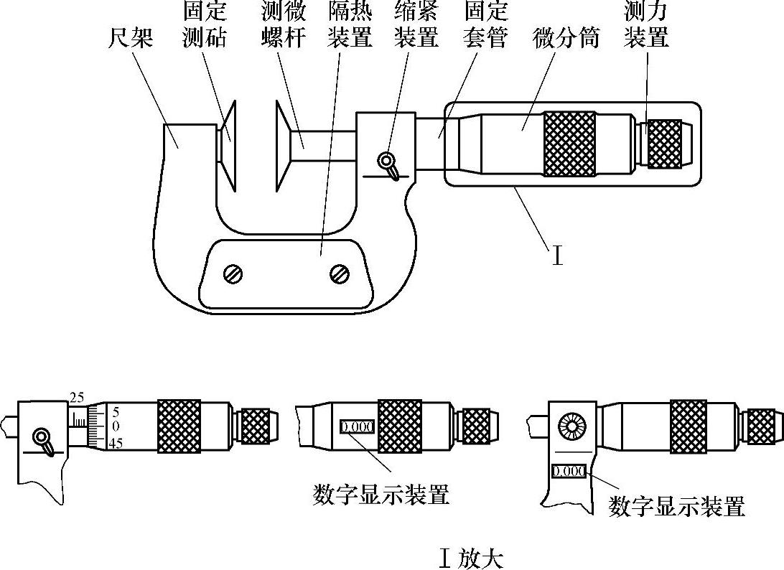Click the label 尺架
point(131,38)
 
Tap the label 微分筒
point(566,38)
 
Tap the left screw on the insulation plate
point(233,274)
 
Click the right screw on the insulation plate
point(340,273)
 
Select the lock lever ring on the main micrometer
point(386,160)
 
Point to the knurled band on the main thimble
point(569,144)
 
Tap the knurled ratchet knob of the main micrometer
point(665,144)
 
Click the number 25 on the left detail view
point(77,398)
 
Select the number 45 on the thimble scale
point(116,443)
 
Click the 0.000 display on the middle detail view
point(357,427)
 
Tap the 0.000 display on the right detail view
point(569,471)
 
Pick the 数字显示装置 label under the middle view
point(381,494)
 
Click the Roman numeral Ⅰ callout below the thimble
point(557,255)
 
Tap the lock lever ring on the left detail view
point(40,437)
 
